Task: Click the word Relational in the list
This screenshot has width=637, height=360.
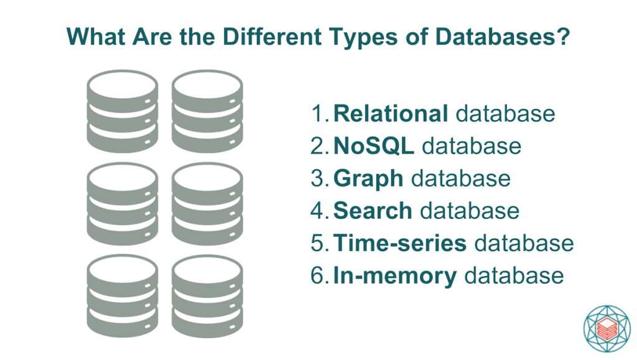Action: click(391, 113)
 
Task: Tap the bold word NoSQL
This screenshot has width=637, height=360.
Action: click(373, 145)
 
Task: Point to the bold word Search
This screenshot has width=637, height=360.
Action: click(373, 211)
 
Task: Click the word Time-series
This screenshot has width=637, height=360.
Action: click(400, 243)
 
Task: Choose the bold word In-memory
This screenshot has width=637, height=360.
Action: click(395, 277)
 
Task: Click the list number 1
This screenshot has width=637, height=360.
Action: click(319, 113)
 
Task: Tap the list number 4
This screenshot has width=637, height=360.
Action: click(319, 211)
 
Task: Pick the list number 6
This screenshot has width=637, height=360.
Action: click(319, 275)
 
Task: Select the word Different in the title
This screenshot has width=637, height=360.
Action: click(272, 37)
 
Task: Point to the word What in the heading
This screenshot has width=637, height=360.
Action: click(96, 37)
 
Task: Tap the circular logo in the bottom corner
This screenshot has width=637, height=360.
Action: click(607, 328)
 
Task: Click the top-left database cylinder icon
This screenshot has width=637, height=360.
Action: click(123, 112)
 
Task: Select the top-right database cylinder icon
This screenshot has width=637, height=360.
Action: click(207, 112)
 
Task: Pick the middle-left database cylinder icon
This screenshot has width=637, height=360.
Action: click(123, 204)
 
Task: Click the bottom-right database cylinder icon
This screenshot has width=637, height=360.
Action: click(207, 296)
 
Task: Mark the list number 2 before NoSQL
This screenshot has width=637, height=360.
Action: click(319, 145)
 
